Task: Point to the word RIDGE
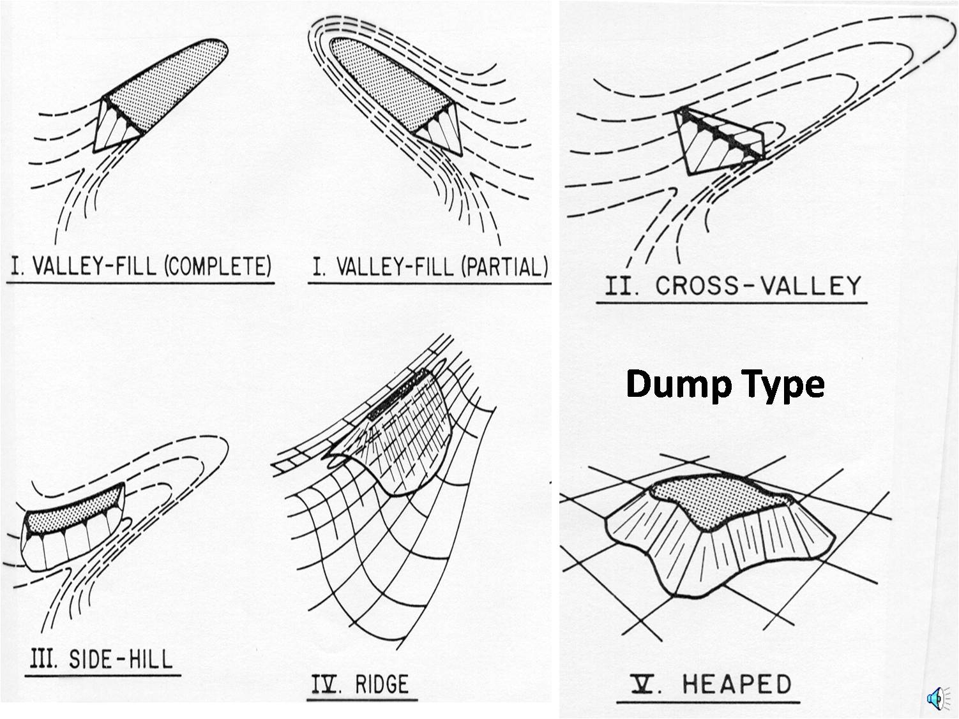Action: pyautogui.click(x=381, y=685)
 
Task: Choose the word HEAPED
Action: pyautogui.click(x=737, y=684)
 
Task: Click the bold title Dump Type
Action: pyautogui.click(x=725, y=384)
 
